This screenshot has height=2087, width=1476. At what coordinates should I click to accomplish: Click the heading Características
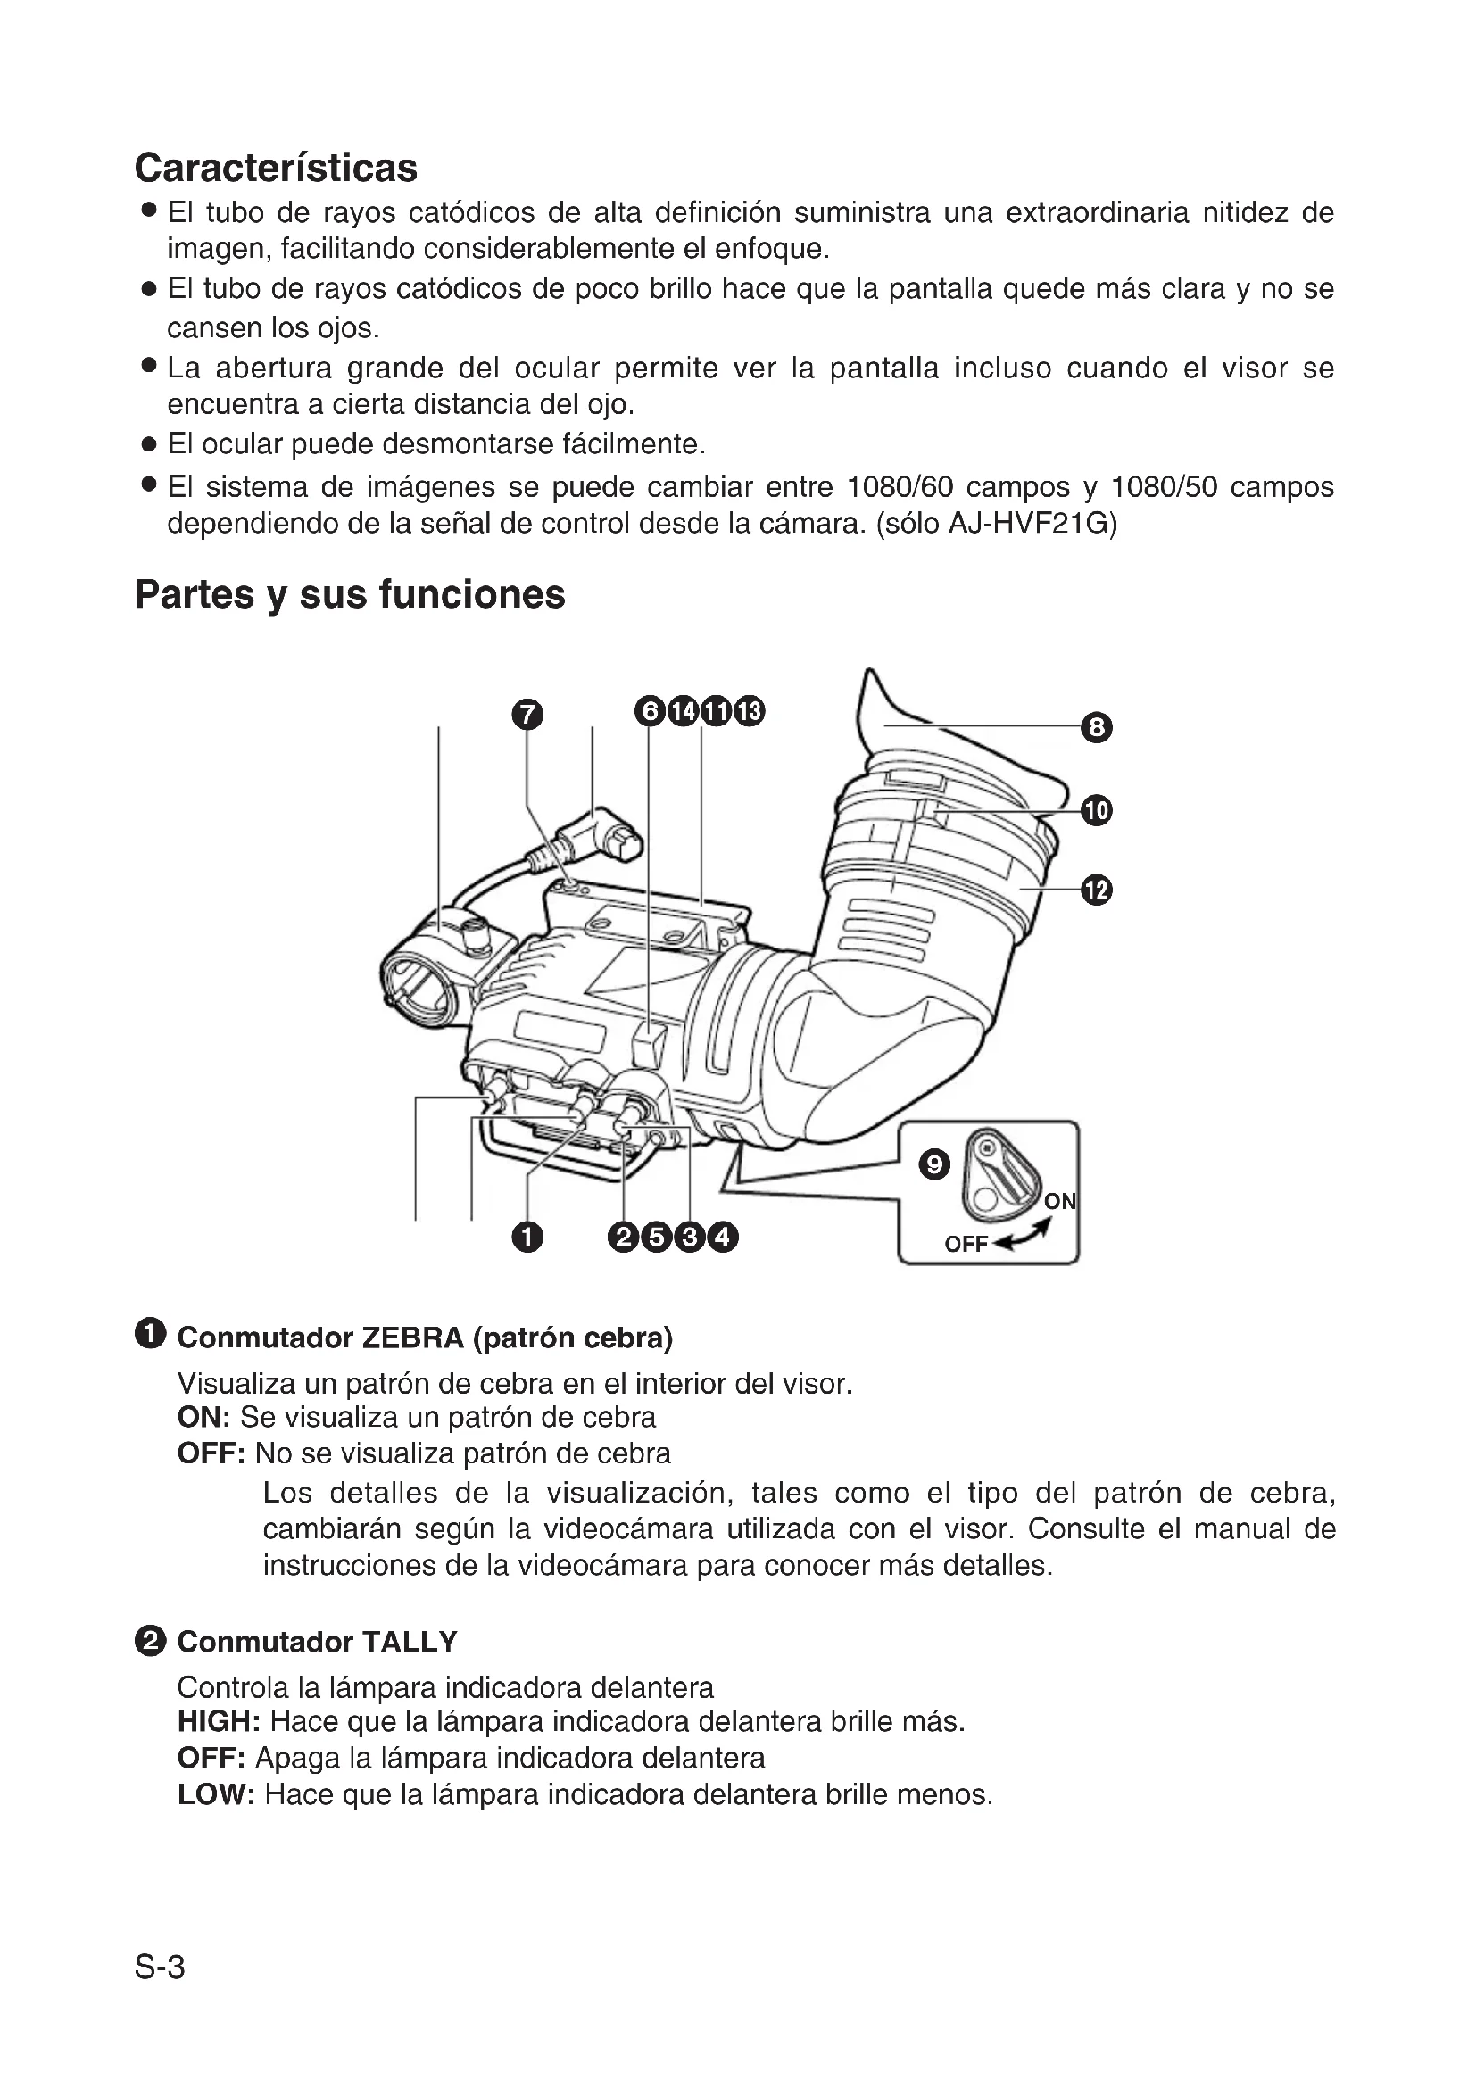[x=276, y=168]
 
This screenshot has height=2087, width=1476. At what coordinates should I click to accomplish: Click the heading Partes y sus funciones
[x=349, y=594]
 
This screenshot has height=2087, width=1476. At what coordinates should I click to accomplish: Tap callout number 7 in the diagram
[x=527, y=715]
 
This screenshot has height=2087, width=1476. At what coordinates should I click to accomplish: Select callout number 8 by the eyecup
[x=1096, y=727]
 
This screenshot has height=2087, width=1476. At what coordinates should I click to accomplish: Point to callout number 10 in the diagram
[x=1096, y=810]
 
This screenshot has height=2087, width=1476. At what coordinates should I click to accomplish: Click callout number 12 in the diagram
[x=1096, y=889]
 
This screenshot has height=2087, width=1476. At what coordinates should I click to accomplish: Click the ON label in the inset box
[x=1059, y=1202]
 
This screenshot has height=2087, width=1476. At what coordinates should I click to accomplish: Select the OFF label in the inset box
[x=966, y=1245]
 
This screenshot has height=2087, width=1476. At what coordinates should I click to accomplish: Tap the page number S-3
[x=160, y=1968]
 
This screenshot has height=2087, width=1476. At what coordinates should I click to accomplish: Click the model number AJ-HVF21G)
[x=1032, y=525]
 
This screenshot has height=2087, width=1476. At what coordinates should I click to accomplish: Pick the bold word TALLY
[x=409, y=1642]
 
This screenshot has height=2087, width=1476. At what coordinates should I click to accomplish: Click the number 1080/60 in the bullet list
[x=899, y=487]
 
